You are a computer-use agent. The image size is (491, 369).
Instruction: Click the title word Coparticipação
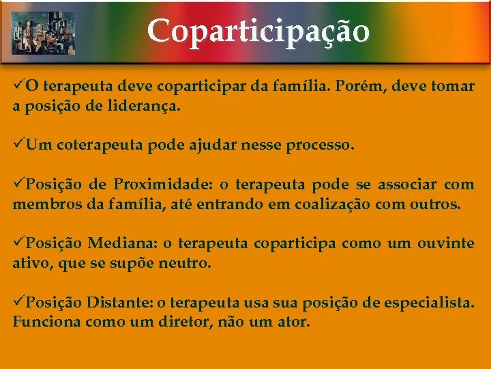tap(258, 31)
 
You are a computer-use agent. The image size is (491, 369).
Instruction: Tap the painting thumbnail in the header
tap(44, 32)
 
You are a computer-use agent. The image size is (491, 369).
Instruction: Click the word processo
tap(320, 146)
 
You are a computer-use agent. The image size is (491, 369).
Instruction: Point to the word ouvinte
tap(445, 243)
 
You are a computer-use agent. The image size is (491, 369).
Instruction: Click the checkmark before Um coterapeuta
tap(18, 145)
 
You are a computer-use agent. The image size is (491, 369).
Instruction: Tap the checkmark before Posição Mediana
tap(18, 243)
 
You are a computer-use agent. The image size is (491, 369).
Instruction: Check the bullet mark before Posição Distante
tap(18, 301)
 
